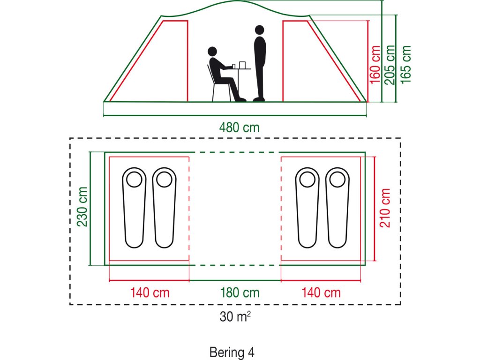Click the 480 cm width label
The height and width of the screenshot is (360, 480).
239,127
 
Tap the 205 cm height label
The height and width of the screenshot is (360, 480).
390,64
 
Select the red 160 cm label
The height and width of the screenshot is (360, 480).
375,64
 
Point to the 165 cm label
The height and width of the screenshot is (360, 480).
406,64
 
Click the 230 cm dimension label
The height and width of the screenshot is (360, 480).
82,207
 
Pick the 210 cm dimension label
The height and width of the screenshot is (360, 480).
385,208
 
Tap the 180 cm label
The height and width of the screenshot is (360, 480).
240,293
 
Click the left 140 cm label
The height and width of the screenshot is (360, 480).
150,293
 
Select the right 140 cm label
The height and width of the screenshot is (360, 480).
321,293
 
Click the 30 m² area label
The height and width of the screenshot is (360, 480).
235,317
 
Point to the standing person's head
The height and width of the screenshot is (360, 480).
259,30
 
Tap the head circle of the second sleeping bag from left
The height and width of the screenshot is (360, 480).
164,179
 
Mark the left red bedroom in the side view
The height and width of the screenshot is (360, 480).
155,66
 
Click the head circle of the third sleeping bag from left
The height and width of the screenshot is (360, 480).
307,179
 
